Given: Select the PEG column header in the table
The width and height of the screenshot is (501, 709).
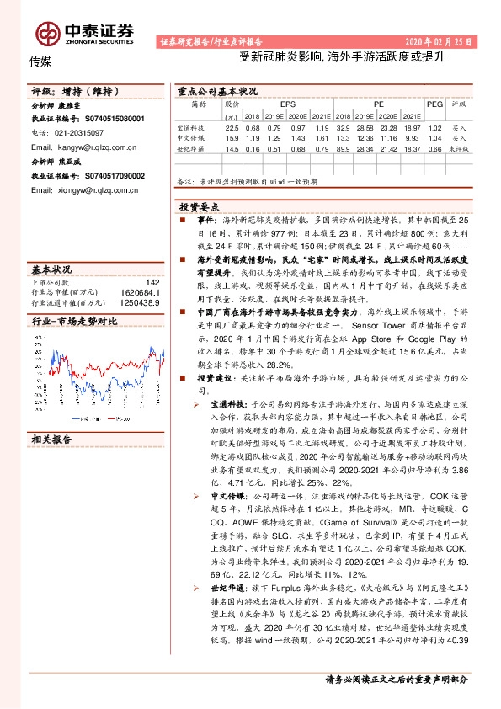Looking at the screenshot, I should click(x=434, y=104).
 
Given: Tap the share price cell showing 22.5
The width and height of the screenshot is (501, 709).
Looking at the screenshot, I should click(x=232, y=127).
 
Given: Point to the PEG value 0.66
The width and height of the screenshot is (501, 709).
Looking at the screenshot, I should click(x=434, y=148).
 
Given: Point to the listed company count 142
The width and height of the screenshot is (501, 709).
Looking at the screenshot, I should click(x=152, y=282).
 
